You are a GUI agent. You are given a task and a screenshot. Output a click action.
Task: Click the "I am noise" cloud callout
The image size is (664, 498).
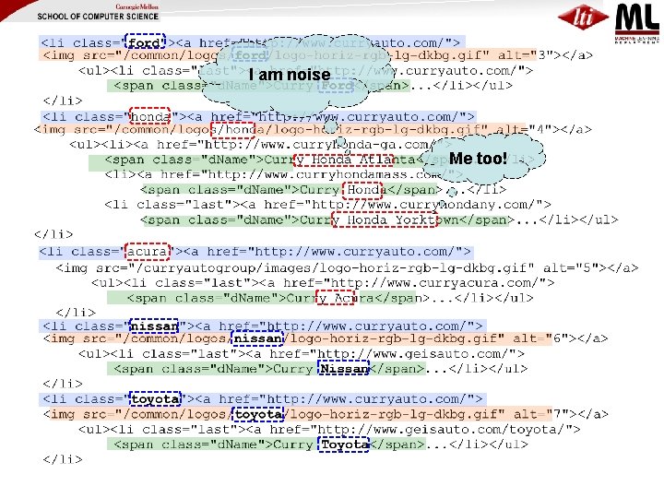tap(289, 75)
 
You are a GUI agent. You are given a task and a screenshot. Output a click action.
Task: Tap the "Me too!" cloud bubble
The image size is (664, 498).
tap(478, 158)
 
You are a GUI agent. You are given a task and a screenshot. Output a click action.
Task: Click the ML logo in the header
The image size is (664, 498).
tap(636, 19)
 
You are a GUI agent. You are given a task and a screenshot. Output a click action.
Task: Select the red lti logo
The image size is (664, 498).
tap(583, 18)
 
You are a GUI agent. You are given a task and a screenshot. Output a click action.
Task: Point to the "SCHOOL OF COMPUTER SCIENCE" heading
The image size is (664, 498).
tap(97, 18)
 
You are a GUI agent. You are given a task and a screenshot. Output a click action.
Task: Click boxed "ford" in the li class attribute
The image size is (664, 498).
tap(144, 42)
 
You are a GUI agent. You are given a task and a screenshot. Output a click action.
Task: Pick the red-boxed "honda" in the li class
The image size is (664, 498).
tap(148, 116)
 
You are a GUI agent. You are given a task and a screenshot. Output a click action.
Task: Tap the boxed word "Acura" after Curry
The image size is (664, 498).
tap(335, 298)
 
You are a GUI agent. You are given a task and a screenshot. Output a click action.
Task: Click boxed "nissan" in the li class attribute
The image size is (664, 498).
tap(155, 326)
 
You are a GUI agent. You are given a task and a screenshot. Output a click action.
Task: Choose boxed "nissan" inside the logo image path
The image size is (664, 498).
tap(258, 338)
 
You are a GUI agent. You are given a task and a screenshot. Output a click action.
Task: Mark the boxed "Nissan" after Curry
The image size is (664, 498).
tap(344, 369)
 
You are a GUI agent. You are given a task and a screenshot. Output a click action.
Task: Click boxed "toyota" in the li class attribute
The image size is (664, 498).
tap(155, 399)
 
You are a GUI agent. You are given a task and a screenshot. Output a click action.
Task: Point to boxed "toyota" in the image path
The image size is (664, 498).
tap(258, 414)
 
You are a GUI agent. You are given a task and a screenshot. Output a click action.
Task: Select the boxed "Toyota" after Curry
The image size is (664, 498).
tap(344, 445)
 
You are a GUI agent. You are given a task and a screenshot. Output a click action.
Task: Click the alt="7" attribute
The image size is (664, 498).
tap(545, 414)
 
